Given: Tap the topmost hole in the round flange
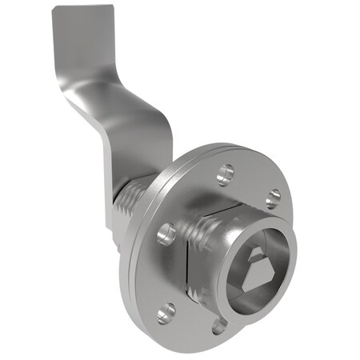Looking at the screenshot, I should (226, 171).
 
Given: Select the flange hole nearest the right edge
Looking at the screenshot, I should (272, 197).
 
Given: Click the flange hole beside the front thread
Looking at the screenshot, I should (166, 234).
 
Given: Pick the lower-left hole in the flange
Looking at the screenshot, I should (165, 312).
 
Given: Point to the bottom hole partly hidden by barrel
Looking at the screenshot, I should (218, 325).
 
